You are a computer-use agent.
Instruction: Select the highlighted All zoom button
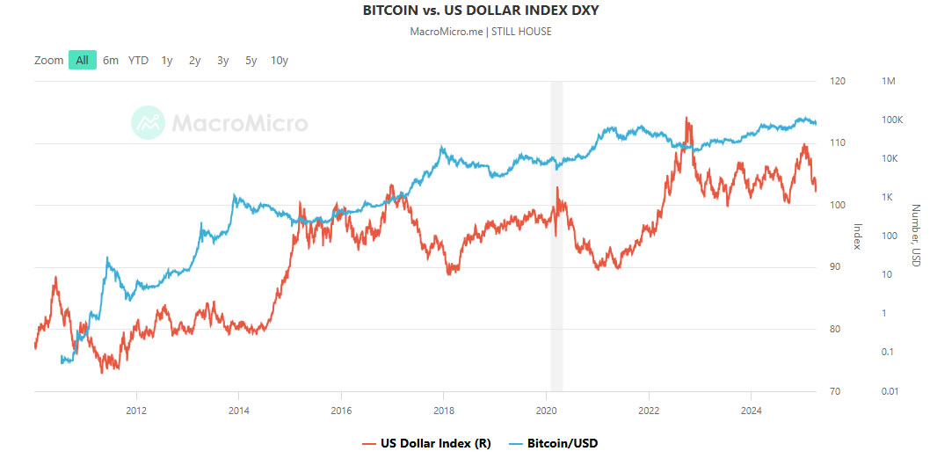point(82,60)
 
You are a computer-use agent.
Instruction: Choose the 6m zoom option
point(111,60)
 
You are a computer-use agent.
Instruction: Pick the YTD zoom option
point(138,60)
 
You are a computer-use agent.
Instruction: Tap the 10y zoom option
point(280,60)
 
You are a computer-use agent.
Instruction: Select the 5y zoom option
point(251,60)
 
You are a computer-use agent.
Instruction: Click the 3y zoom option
point(223,60)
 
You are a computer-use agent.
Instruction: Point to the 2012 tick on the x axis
point(135,410)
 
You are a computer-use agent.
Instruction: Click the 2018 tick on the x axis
point(444,410)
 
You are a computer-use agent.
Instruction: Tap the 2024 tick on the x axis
point(752,410)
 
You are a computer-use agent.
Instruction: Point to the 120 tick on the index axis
point(837,82)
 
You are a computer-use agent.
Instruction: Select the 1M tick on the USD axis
point(888,82)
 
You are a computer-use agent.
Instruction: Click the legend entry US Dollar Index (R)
point(426,443)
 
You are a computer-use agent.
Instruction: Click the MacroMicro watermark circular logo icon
point(148,123)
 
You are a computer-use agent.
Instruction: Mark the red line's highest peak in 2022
point(686,118)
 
